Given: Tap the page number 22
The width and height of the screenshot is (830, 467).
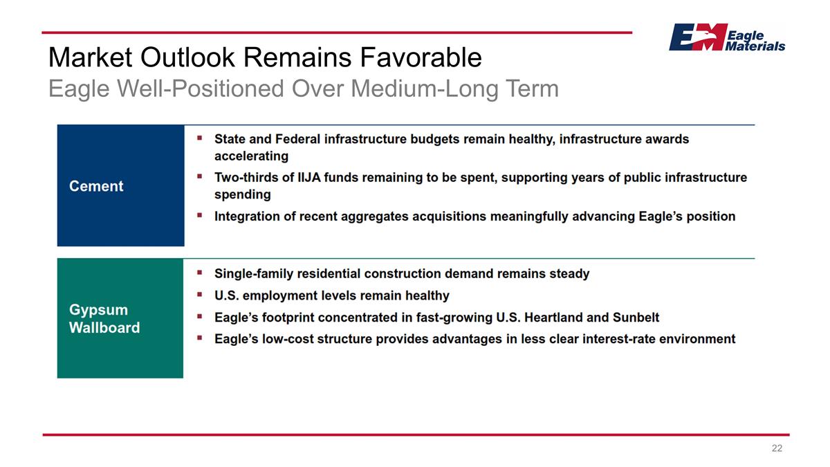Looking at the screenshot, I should (777, 449).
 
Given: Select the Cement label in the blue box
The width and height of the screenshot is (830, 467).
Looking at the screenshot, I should (96, 186).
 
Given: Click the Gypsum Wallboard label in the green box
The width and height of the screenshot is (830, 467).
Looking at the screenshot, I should (104, 319).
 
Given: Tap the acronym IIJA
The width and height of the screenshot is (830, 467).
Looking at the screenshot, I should (295, 178).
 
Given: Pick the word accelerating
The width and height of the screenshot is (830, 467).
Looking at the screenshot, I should (252, 156).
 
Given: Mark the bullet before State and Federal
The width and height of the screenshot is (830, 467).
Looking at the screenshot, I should (200, 138).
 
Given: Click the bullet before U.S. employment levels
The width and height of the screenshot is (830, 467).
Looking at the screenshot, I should (200, 295).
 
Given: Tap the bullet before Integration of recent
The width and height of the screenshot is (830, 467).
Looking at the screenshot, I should (200, 216).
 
